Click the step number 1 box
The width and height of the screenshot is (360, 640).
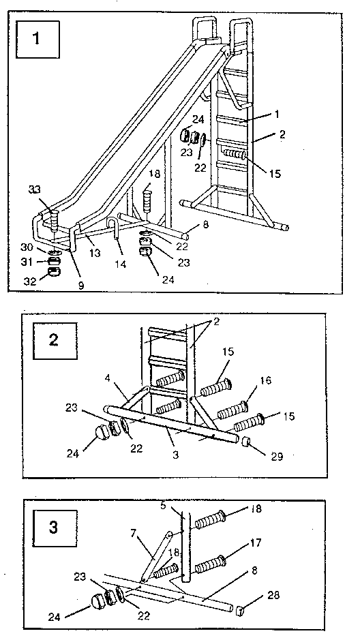[37, 39]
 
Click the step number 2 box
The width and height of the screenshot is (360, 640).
[55, 341]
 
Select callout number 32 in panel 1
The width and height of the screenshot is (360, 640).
[30, 281]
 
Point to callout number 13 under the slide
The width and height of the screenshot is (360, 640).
[95, 253]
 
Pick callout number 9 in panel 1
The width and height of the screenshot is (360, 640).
[81, 286]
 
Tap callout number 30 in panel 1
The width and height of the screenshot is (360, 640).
[27, 247]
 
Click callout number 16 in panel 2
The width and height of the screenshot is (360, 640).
[265, 380]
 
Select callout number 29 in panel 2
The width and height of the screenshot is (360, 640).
[277, 455]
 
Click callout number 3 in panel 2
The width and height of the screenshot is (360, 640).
[175, 455]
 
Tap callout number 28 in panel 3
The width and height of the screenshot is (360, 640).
[273, 595]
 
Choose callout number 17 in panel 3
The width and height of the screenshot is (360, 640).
[256, 543]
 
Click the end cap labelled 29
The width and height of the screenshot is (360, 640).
[246, 442]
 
